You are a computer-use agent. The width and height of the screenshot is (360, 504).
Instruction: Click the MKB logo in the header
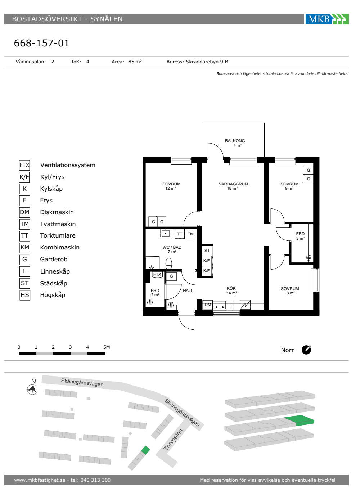tap(327, 19)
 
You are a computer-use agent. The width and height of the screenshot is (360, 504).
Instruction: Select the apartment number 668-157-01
tap(41, 43)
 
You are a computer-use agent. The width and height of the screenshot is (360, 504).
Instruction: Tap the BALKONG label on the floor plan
tap(235, 141)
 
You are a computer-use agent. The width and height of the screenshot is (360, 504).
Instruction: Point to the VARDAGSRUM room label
tap(233, 184)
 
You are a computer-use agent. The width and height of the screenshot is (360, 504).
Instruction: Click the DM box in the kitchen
tap(207, 305)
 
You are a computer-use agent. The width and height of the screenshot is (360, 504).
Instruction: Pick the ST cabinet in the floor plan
tap(207, 251)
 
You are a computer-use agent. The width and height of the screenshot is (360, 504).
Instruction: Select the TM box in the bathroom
tap(190, 234)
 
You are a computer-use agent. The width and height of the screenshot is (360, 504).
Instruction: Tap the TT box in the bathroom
tap(180, 234)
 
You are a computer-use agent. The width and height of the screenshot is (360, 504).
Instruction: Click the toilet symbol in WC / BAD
tap(169, 263)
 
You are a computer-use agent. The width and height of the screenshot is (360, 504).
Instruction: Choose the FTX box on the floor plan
tap(157, 274)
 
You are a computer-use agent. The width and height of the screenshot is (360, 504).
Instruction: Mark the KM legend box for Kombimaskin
tap(24, 248)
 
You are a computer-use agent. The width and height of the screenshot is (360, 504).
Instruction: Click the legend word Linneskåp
tap(55, 271)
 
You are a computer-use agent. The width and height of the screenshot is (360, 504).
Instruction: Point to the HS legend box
tap(25, 295)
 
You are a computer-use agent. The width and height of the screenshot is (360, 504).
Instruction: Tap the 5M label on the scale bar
tap(107, 347)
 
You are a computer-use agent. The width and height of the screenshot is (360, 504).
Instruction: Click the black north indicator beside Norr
tap(306, 350)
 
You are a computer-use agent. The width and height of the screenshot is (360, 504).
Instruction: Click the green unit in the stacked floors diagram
tap(299, 420)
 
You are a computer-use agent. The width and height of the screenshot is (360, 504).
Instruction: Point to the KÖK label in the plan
tap(231, 288)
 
